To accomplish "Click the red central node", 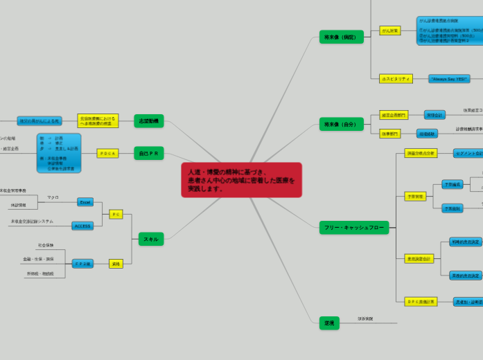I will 241,180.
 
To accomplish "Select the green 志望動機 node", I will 148,121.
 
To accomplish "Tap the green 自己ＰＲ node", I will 148,153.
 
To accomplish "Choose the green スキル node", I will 150,239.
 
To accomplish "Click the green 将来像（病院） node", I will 341,37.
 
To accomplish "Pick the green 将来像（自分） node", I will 341,124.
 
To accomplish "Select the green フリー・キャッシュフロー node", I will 353,227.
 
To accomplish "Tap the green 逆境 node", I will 329,323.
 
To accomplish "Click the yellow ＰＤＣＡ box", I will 107,153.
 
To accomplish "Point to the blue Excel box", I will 85,202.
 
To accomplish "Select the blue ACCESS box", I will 82,226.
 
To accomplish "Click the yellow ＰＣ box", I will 116,214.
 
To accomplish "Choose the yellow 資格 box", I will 116,264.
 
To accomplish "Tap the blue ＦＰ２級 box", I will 82,264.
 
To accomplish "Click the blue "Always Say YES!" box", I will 449,79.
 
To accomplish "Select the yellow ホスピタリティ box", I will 396,79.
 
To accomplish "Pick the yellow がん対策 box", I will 389,30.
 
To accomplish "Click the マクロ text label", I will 53,197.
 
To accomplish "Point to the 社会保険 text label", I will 45,245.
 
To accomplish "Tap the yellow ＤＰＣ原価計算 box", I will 421,301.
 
